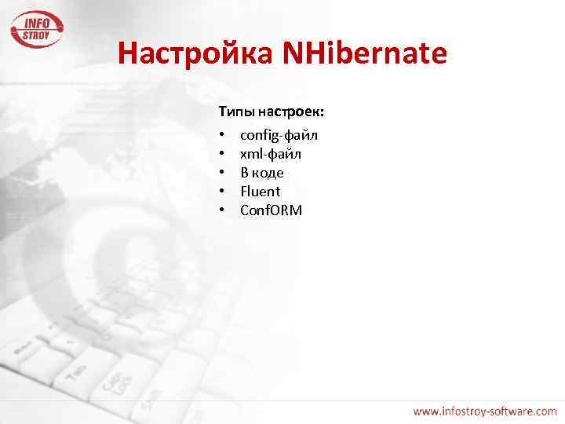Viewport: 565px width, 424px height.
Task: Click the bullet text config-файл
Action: (x=279, y=136)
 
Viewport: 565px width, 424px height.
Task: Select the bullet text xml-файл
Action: (x=271, y=154)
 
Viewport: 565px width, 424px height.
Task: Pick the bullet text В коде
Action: (x=262, y=173)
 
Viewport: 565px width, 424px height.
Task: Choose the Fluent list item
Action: (x=260, y=192)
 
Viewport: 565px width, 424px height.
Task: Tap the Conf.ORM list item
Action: (x=271, y=210)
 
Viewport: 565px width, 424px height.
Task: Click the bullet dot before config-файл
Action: (x=223, y=136)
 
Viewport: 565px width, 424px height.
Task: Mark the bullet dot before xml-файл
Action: (x=223, y=155)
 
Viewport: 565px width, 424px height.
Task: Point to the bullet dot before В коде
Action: (x=223, y=173)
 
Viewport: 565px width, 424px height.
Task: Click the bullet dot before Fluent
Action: (x=223, y=192)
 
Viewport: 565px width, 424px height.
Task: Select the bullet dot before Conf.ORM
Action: (x=223, y=210)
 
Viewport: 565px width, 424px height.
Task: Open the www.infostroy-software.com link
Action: (x=485, y=411)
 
